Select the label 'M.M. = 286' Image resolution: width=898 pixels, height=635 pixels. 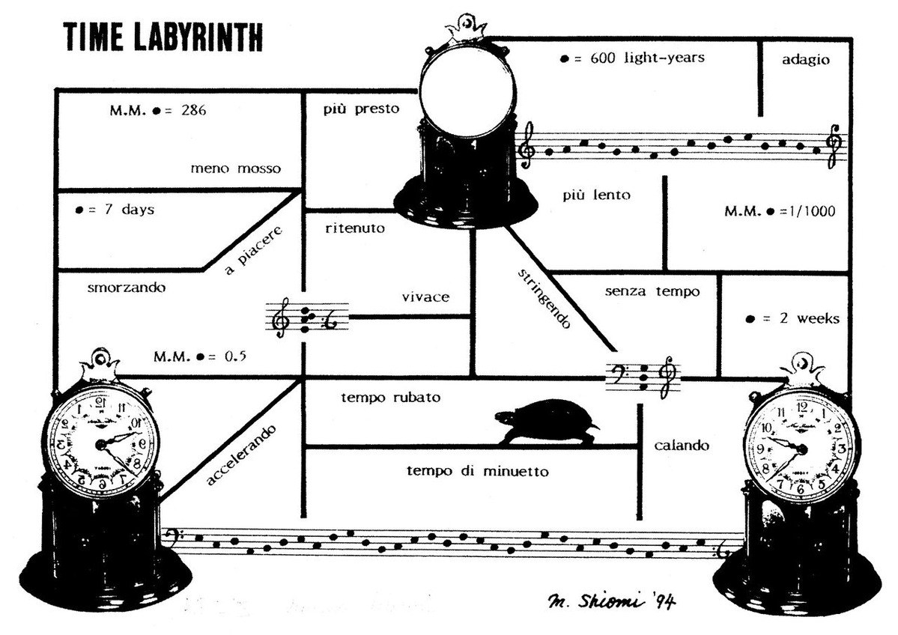click(x=157, y=110)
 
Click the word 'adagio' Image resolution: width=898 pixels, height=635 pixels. click(x=805, y=60)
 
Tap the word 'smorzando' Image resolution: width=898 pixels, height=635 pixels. click(x=126, y=287)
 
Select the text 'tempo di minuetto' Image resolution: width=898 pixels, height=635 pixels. click(x=478, y=471)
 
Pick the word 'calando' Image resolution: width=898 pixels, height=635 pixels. click(x=681, y=446)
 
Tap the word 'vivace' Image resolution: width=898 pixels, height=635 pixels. click(x=425, y=297)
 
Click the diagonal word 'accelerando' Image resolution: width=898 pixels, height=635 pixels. click(x=241, y=455)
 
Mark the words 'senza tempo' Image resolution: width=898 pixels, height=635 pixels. click(x=652, y=291)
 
